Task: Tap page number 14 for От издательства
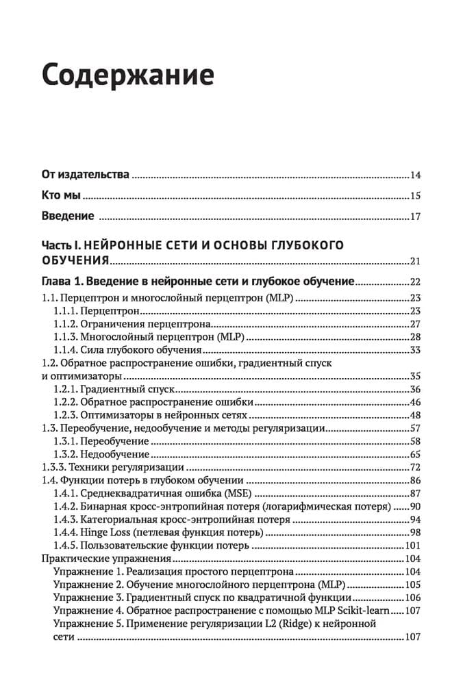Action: tap(414, 175)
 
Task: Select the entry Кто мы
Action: tap(62, 195)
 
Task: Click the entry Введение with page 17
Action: tap(67, 216)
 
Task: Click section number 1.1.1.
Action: tap(67, 311)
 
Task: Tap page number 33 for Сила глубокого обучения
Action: tap(414, 350)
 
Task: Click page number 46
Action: tap(414, 402)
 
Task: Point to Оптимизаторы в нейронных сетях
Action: tap(165, 415)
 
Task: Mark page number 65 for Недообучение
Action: tap(414, 454)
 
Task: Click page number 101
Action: tap(412, 545)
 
